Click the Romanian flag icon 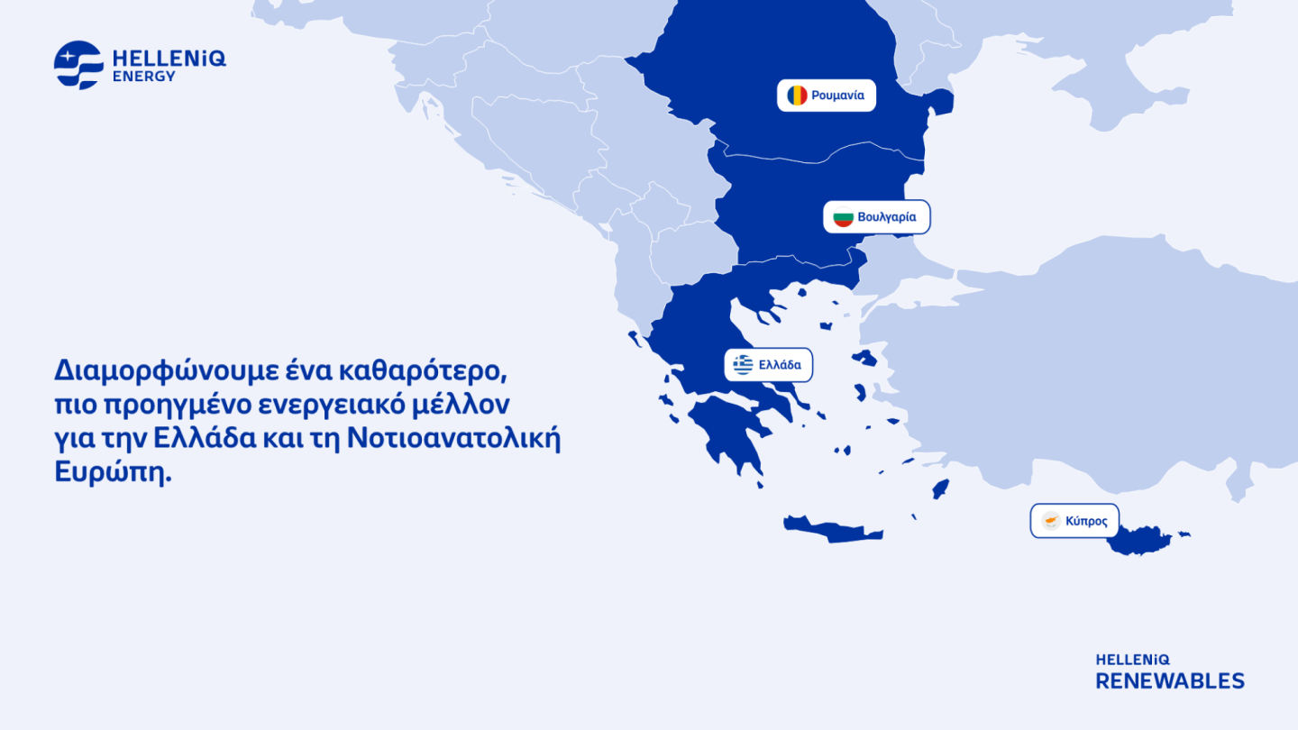tap(797, 96)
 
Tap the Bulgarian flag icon tap(843, 217)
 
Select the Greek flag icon tap(743, 365)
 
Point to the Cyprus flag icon tap(1051, 521)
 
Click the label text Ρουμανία tap(837, 96)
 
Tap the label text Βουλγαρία tap(887, 217)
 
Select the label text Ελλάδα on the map tap(780, 365)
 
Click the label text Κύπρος tap(1086, 521)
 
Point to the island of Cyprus tap(1139, 542)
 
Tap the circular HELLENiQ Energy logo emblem tap(78, 65)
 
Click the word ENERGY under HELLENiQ tap(144, 78)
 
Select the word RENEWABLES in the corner tap(1170, 680)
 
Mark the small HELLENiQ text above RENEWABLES tap(1132, 660)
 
